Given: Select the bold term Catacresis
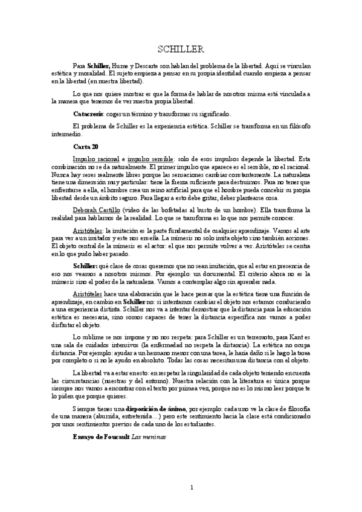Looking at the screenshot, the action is click(89, 114).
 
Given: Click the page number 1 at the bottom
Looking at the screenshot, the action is click(191, 487).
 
